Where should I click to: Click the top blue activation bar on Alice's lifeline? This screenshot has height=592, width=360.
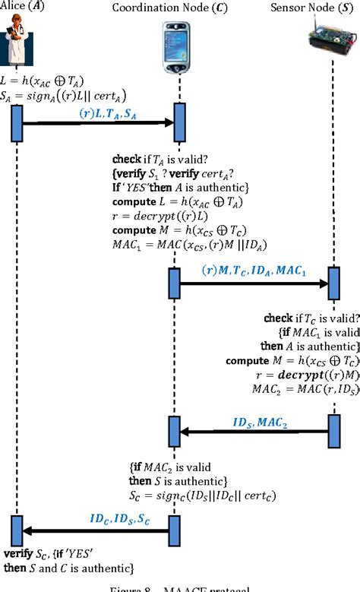pos(16,123)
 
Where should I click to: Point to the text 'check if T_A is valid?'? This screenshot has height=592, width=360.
pos(155,160)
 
